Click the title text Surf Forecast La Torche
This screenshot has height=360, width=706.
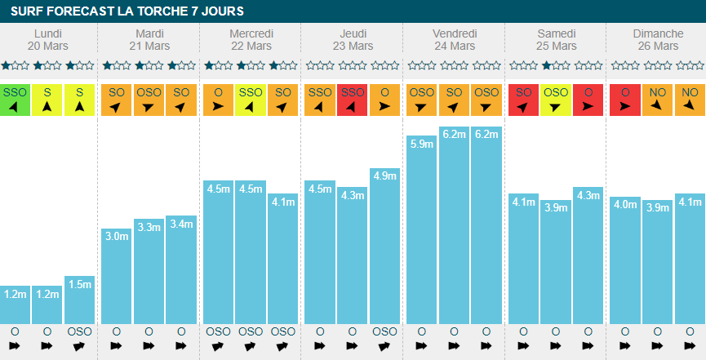pos(127,11)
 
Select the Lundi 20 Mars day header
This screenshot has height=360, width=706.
pos(47,39)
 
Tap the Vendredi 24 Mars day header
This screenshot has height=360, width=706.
pos(454,39)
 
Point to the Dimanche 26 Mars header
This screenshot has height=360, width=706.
pos(658,39)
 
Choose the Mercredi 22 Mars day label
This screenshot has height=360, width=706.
pos(251,39)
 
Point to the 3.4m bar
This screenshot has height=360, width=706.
pos(181,269)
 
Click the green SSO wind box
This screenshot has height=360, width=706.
pos(15,100)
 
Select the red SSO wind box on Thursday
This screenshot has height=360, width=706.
pos(352,100)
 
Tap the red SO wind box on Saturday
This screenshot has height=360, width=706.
pos(523,100)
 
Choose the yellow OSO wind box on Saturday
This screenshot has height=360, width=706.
pos(556,100)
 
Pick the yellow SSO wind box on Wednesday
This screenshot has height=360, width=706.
pos(251,100)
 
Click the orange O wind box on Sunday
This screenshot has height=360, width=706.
pos(624,100)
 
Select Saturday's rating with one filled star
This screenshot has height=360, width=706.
pos(556,66)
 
